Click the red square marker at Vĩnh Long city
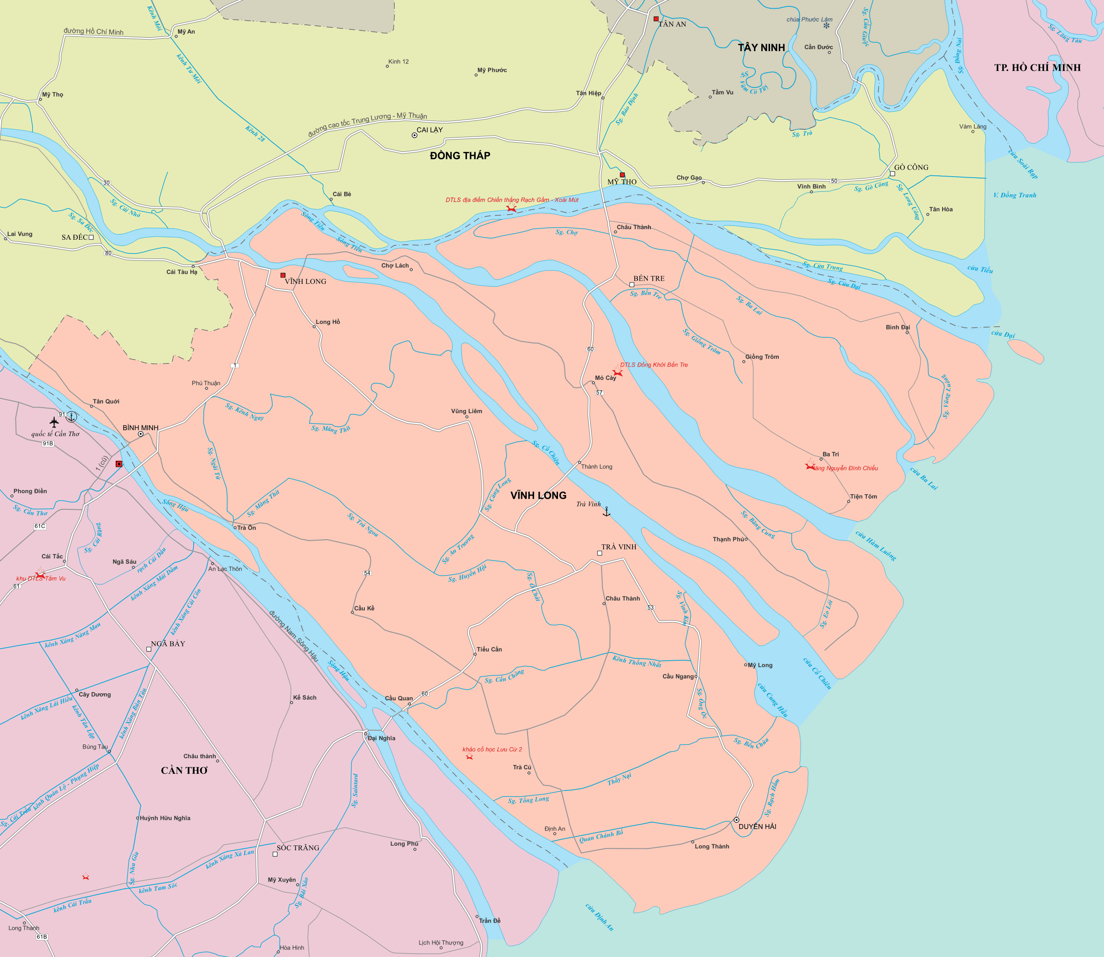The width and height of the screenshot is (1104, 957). (x=283, y=276)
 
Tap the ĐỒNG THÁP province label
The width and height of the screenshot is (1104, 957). (x=460, y=156)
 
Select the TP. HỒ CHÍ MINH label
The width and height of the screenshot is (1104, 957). (x=1037, y=68)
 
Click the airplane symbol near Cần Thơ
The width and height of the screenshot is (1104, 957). (x=54, y=422)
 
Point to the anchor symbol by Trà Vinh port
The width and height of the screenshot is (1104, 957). (x=606, y=512)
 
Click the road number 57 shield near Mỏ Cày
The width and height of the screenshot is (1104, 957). (x=599, y=392)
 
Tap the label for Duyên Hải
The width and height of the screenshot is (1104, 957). (x=757, y=826)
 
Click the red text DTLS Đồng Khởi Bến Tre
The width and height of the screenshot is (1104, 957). (x=654, y=365)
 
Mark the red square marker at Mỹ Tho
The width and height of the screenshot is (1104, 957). (x=622, y=175)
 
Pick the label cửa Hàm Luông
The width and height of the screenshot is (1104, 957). (x=875, y=545)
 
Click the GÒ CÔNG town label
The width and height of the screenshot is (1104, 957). (x=911, y=167)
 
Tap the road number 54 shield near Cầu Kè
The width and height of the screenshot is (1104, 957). (x=367, y=573)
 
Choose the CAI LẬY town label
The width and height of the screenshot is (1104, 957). (x=429, y=130)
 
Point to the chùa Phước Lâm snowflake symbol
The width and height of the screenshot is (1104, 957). (x=827, y=26)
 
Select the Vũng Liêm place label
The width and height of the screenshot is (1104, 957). (x=466, y=411)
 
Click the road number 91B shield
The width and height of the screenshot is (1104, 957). (x=47, y=443)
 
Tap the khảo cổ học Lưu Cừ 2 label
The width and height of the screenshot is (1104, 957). (x=492, y=749)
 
